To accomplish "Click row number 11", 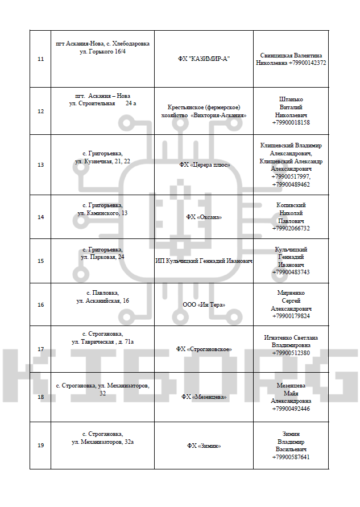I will [40, 59].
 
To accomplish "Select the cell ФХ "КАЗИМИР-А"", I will [204, 59].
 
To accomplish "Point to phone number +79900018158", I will [291, 122].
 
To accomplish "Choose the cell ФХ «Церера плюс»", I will [204, 164].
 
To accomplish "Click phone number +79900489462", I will [291, 184].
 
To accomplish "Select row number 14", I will [40, 217].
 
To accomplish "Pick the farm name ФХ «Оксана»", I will [204, 217].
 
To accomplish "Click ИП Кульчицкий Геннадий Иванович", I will [204, 261].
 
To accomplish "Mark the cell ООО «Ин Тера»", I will [204, 304].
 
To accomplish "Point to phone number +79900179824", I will [291, 316].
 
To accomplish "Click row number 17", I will [40, 349].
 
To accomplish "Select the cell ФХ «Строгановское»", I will [204, 349].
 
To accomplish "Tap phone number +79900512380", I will [291, 353].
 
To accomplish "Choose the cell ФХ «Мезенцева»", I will [204, 397].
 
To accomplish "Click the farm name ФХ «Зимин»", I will [204, 446].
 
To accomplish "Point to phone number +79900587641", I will [291, 457].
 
